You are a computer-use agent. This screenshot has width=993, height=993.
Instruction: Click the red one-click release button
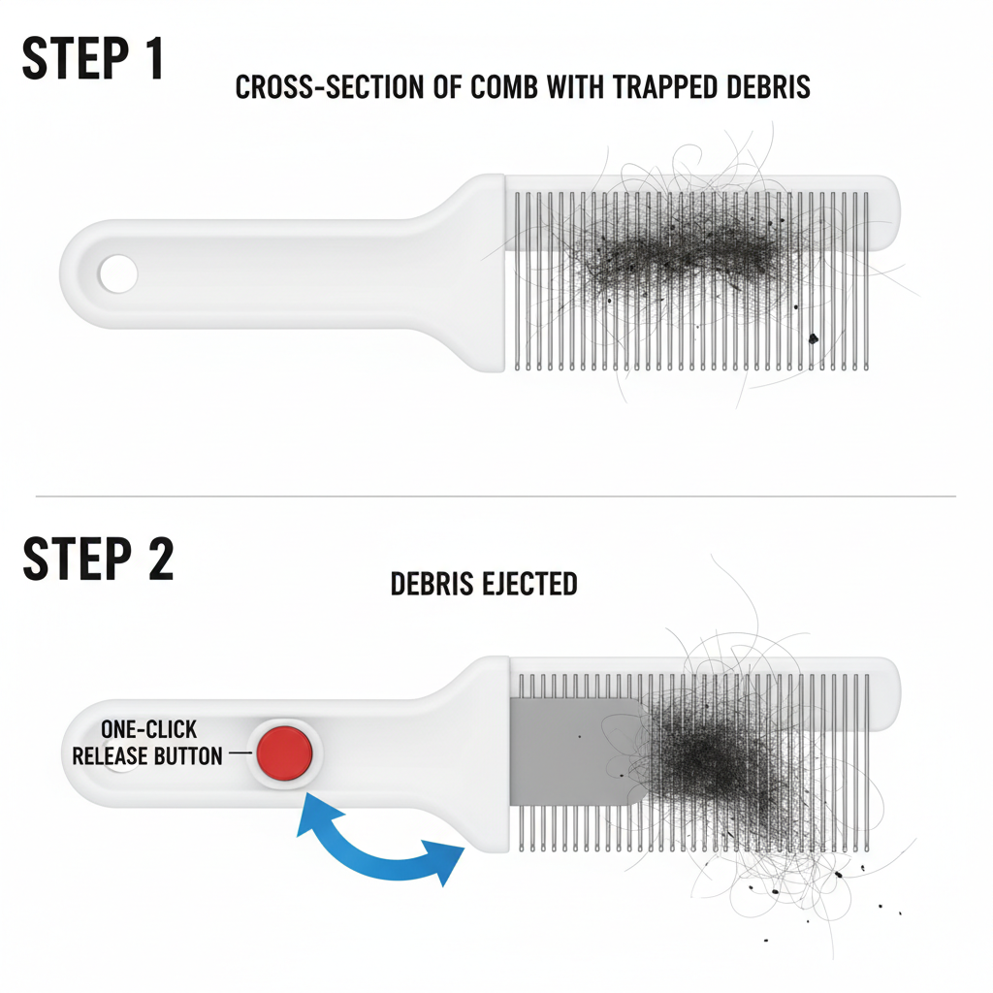284,753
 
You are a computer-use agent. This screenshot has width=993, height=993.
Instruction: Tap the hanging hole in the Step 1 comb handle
117,273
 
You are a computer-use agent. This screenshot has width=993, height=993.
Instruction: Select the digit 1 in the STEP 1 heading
153,58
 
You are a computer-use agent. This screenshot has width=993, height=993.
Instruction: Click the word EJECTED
529,584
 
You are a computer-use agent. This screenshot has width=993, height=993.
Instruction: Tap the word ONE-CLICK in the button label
148,729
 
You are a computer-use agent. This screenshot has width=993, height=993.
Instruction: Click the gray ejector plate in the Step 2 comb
570,752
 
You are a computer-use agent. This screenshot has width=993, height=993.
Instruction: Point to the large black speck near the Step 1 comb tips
814,338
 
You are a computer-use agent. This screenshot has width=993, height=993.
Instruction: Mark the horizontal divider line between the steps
496,496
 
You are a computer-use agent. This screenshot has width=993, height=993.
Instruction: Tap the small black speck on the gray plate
579,737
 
